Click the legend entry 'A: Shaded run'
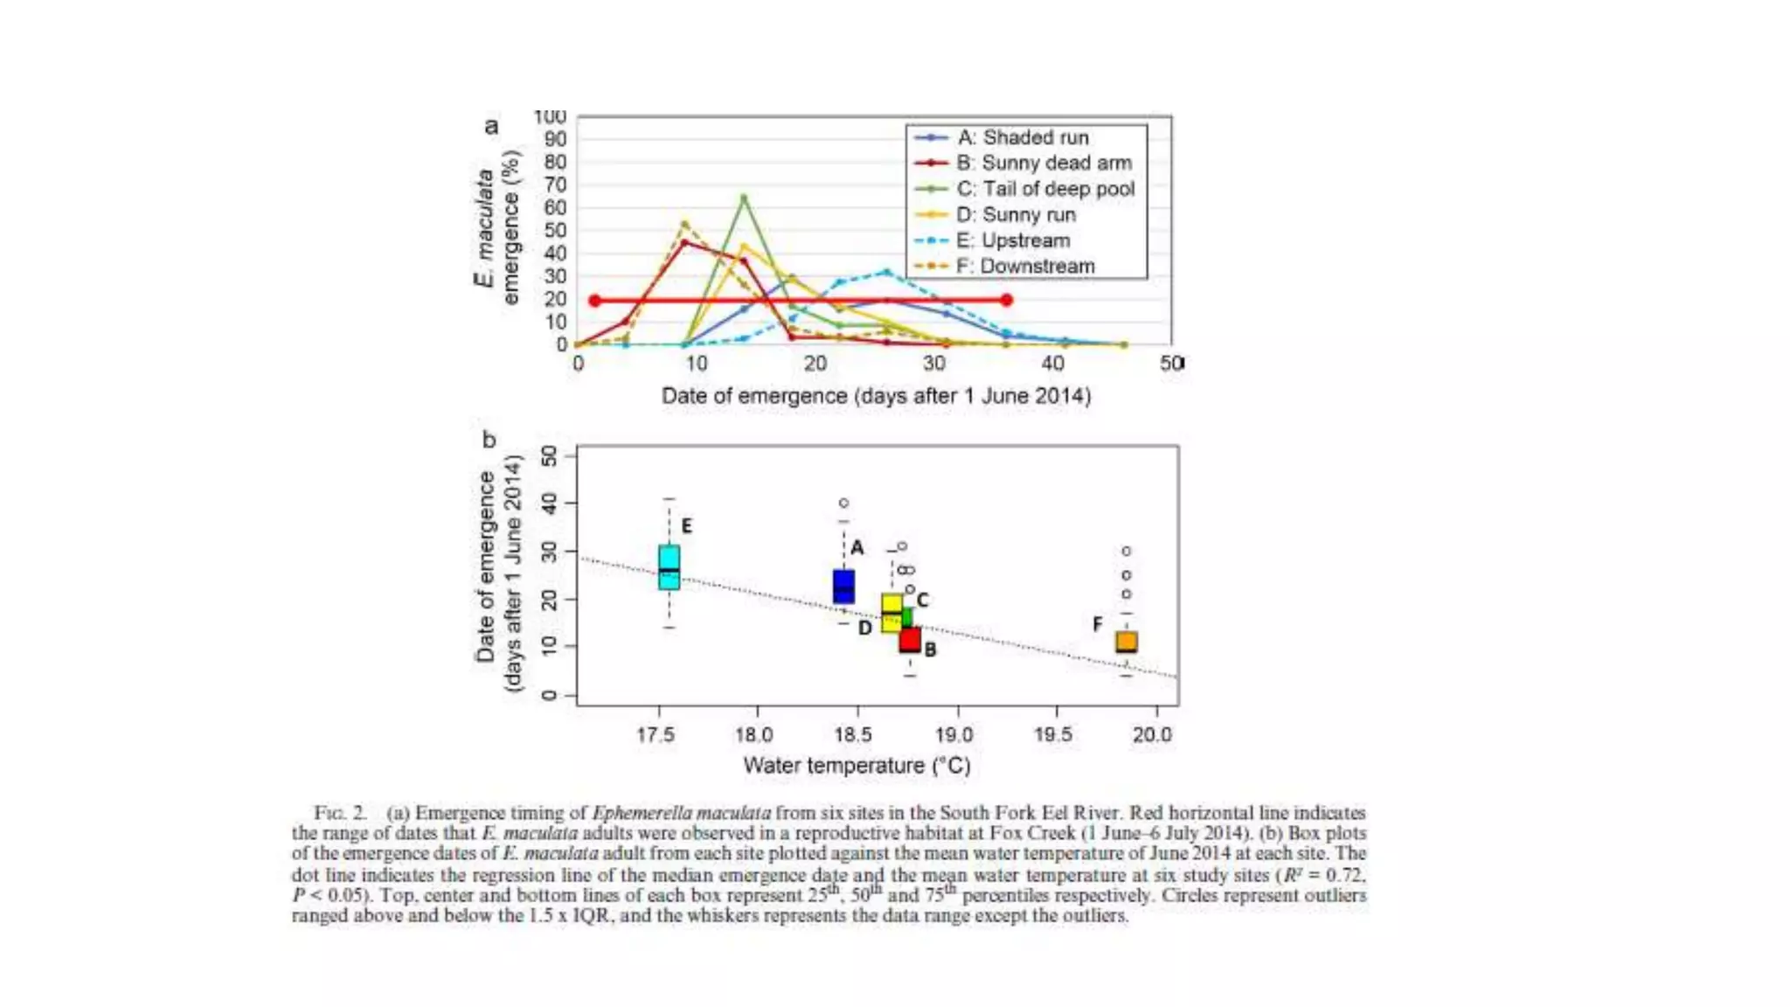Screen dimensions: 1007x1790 pyautogui.click(x=1023, y=137)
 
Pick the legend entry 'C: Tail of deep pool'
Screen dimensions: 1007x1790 pyautogui.click(x=1044, y=189)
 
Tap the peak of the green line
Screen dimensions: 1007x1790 pyautogui.click(x=744, y=198)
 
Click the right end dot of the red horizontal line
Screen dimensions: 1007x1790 pyautogui.click(x=1006, y=300)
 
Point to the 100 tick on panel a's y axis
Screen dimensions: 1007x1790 pyautogui.click(x=550, y=117)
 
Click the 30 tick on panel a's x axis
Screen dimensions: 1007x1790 pyautogui.click(x=933, y=363)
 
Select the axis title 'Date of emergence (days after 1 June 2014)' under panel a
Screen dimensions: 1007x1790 pyautogui.click(x=876, y=396)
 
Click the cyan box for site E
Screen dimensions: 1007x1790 pyautogui.click(x=669, y=567)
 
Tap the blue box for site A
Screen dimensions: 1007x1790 pyautogui.click(x=843, y=587)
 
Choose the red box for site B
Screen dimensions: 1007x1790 pyautogui.click(x=910, y=640)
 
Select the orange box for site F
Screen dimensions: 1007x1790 pyautogui.click(x=1127, y=642)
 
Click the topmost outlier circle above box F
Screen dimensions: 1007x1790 pyautogui.click(x=1127, y=552)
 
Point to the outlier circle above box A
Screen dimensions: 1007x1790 pyautogui.click(x=843, y=503)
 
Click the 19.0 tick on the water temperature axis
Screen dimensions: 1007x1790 pyautogui.click(x=954, y=734)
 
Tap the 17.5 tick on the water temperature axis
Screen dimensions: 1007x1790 pyautogui.click(x=656, y=734)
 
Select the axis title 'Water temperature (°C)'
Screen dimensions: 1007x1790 pyautogui.click(x=857, y=766)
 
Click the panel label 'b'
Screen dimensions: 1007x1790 pyautogui.click(x=489, y=440)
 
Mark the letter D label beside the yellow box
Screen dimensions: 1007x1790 pyautogui.click(x=864, y=628)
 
